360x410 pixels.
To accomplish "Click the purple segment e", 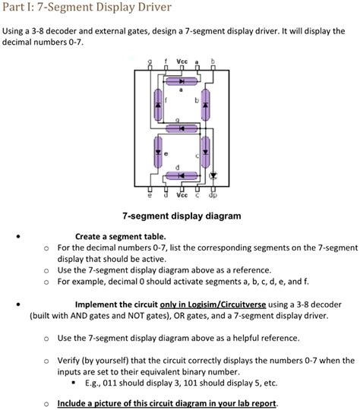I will (157, 151).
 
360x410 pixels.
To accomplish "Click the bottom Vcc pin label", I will (182, 195).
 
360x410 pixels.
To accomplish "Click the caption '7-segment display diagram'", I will (179, 216).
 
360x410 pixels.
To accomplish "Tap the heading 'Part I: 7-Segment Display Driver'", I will (87, 9).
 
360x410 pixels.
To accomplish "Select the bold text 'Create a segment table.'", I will (121, 235).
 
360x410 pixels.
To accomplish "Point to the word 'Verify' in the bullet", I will (72, 359).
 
